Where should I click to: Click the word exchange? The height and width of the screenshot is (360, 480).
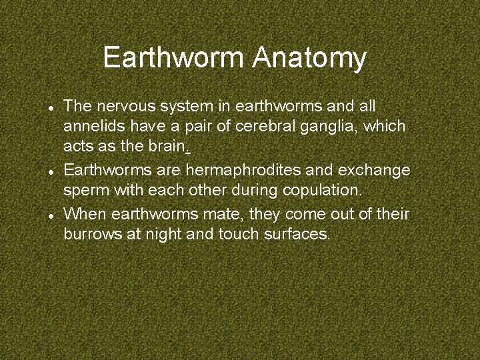click(377, 170)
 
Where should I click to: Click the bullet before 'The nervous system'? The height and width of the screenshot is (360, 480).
click(50, 107)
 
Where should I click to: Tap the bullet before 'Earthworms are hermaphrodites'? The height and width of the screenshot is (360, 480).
click(50, 171)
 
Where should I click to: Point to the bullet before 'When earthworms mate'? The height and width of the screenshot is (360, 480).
click(50, 215)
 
